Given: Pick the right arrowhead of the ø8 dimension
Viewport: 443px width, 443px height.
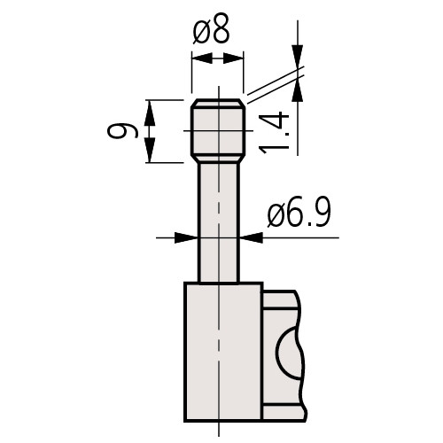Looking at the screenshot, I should click(x=237, y=58).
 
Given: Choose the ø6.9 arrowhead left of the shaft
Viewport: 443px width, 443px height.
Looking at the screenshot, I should click(x=187, y=237).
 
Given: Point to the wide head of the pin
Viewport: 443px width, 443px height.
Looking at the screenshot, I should click(x=217, y=133).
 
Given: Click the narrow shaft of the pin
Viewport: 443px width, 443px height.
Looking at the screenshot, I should click(x=217, y=221).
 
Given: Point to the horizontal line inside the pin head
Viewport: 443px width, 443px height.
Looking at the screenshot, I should click(x=217, y=130).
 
